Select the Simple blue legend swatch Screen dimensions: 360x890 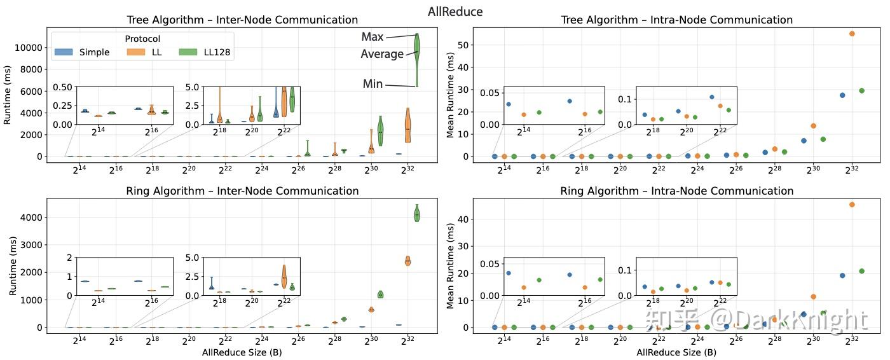[64, 52]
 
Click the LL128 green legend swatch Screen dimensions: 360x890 [188, 52]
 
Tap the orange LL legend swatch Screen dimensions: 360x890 [137, 52]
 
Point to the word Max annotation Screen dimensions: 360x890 [372, 37]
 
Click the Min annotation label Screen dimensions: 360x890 [373, 84]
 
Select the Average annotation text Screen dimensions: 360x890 [381, 54]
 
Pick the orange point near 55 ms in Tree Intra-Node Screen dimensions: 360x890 [852, 34]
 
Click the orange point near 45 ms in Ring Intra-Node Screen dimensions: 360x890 [852, 204]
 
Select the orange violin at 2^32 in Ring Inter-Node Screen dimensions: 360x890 [408, 260]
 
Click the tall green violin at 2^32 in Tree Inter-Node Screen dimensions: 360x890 [417, 57]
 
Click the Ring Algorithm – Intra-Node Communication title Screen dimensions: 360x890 [676, 191]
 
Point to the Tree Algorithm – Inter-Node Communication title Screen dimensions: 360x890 [242, 20]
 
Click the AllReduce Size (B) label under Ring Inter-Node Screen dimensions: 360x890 [241, 352]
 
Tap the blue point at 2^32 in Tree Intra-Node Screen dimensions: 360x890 [842, 95]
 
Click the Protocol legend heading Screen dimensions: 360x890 [142, 39]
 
